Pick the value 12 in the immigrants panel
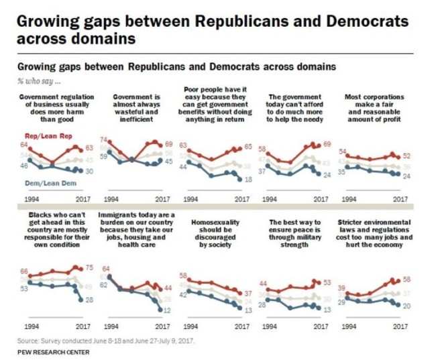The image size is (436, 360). click(167, 310)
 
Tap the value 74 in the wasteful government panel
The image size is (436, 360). click(103, 139)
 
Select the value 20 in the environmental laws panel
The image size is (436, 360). click(406, 305)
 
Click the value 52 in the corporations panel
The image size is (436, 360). click(406, 156)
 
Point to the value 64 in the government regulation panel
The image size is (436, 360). click(23, 145)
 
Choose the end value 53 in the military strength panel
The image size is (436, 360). click(327, 282)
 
